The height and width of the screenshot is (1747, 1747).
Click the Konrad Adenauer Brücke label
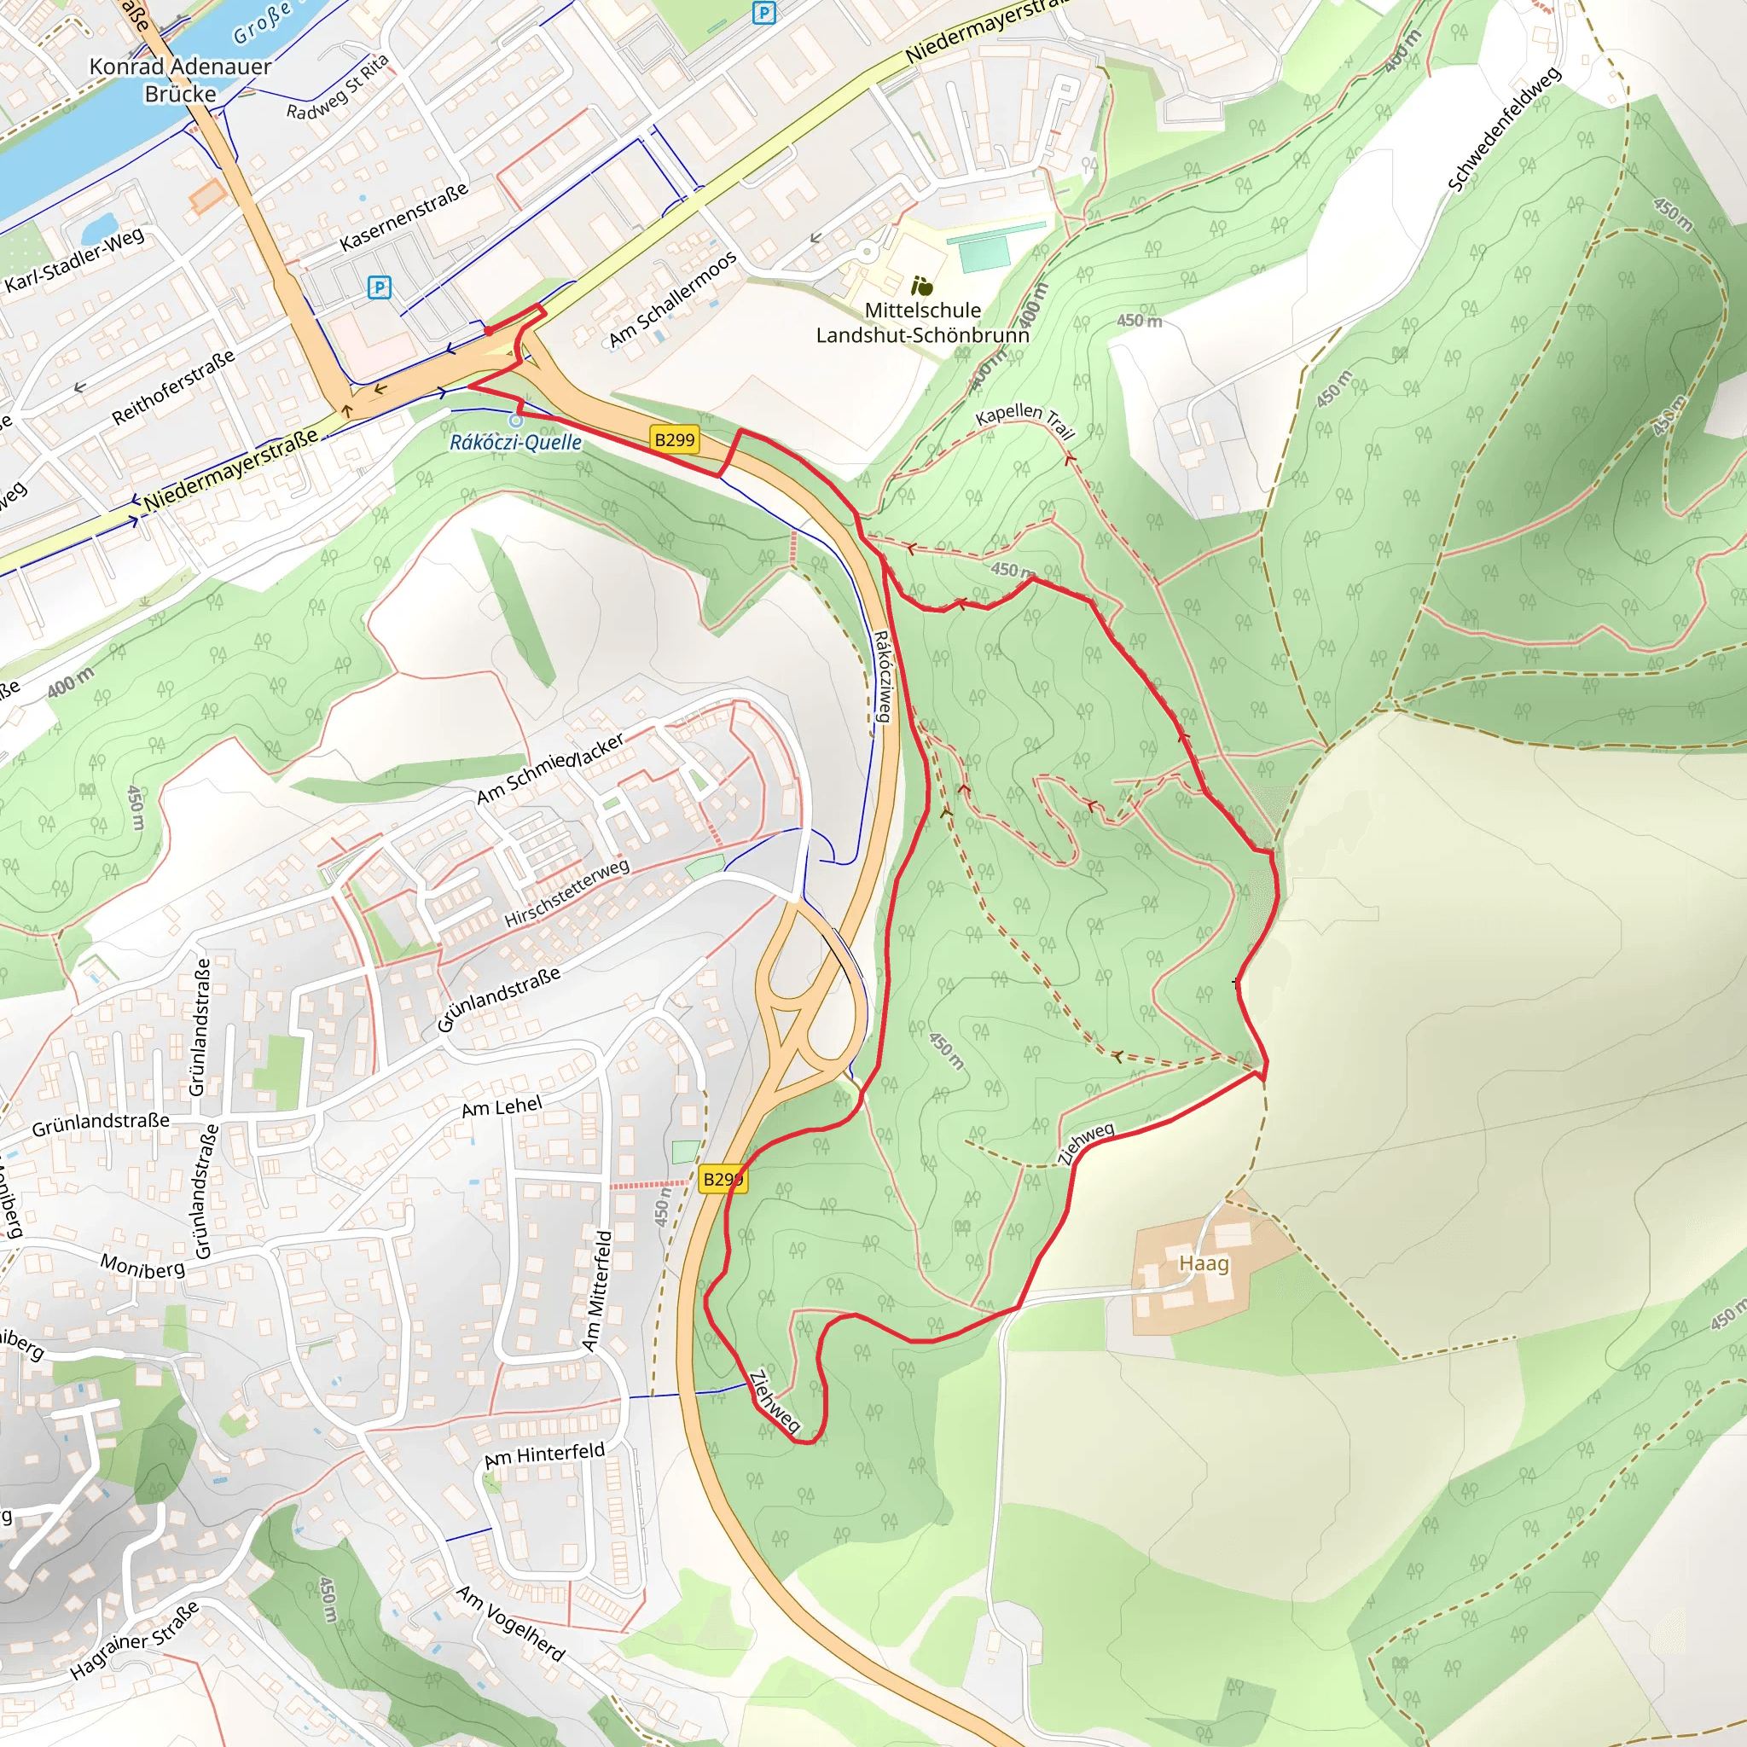(180, 79)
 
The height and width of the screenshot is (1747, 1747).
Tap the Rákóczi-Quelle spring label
(515, 442)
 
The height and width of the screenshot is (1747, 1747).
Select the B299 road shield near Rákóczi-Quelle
(675, 439)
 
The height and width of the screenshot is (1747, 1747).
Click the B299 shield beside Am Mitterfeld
(723, 1179)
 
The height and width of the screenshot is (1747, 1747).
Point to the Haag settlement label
(1204, 1263)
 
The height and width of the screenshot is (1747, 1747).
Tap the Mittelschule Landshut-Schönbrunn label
(922, 322)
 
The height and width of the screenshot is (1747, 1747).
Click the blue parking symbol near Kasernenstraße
(380, 287)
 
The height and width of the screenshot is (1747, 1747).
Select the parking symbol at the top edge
(764, 13)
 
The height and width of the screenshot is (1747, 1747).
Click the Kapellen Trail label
(1024, 420)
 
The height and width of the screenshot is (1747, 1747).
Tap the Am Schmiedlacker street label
(550, 769)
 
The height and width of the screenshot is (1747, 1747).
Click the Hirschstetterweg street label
(567, 893)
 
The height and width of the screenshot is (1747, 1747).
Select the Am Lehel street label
(502, 1106)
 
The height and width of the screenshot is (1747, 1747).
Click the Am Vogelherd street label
(510, 1623)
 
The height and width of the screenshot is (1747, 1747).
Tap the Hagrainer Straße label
(135, 1642)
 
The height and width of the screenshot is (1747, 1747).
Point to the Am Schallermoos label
(673, 299)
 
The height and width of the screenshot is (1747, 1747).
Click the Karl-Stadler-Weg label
(74, 261)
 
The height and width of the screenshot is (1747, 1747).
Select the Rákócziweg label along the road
(884, 676)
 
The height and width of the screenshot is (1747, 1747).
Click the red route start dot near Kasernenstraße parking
(489, 332)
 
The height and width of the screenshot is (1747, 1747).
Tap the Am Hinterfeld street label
(544, 1455)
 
